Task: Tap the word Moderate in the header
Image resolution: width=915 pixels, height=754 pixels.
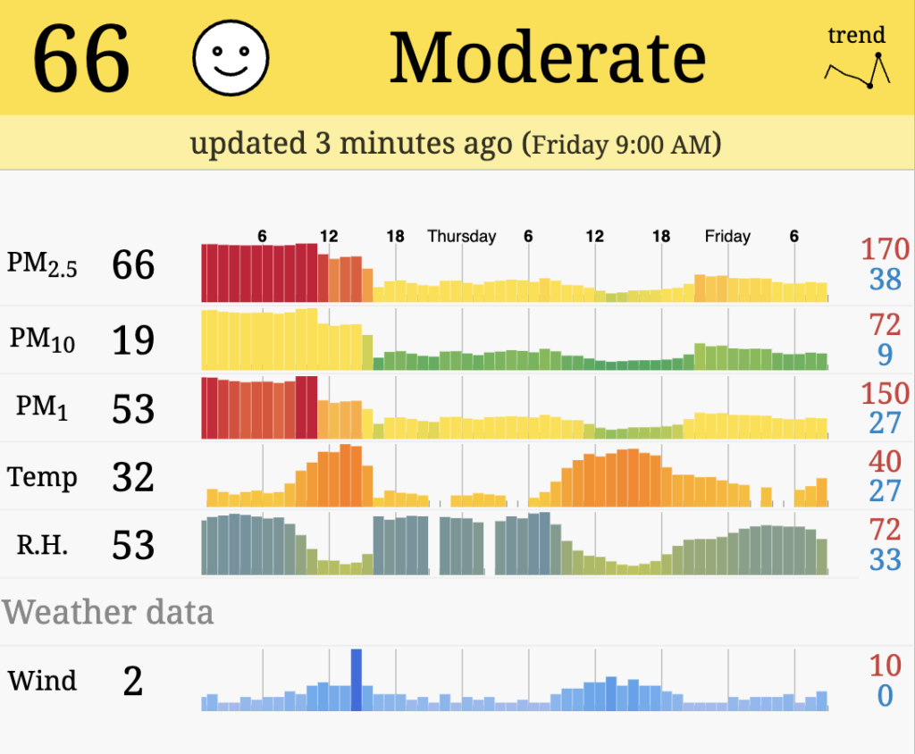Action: pyautogui.click(x=548, y=58)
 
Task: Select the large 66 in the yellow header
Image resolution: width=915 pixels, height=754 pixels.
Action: pyautogui.click(x=82, y=59)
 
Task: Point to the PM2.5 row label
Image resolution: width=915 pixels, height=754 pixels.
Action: pyautogui.click(x=42, y=264)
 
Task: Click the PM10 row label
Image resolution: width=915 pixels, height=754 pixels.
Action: pyautogui.click(x=42, y=339)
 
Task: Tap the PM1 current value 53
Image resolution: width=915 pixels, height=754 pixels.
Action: pyautogui.click(x=133, y=408)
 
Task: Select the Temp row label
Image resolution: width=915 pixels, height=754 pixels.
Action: pyautogui.click(x=42, y=477)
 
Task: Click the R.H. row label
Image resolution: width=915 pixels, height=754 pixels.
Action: pyautogui.click(x=42, y=545)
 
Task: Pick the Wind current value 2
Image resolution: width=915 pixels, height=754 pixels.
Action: pyautogui.click(x=133, y=682)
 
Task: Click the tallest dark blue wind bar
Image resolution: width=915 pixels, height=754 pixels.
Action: pyautogui.click(x=356, y=680)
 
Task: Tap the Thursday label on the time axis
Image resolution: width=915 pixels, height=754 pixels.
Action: pyautogui.click(x=461, y=237)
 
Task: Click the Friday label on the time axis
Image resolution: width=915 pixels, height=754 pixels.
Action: pyautogui.click(x=727, y=237)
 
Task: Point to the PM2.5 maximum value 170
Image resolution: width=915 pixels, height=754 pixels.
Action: pyautogui.click(x=885, y=249)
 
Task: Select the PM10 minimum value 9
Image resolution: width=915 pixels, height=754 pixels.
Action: pyautogui.click(x=885, y=355)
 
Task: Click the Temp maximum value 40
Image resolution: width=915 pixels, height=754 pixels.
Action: pyautogui.click(x=885, y=462)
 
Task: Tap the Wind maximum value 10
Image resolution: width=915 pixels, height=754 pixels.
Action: pyautogui.click(x=885, y=666)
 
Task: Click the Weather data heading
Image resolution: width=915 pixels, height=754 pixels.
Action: pyautogui.click(x=108, y=613)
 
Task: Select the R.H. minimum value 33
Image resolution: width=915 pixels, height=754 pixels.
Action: pyautogui.click(x=885, y=560)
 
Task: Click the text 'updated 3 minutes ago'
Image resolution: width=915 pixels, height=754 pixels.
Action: pyautogui.click(x=351, y=143)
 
